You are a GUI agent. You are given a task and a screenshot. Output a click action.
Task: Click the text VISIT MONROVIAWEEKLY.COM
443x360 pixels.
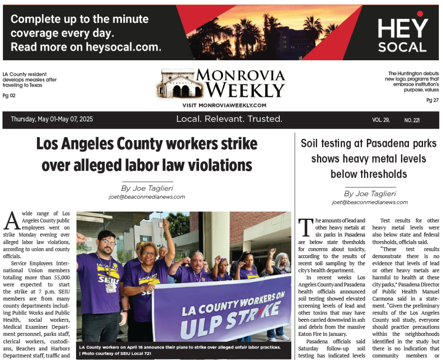tap(224, 105)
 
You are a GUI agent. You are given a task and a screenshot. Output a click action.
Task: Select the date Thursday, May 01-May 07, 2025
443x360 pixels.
tap(52, 119)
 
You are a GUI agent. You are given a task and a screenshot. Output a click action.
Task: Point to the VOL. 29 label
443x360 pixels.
tap(381, 120)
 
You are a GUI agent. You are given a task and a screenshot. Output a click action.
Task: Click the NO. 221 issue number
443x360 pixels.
tap(412, 120)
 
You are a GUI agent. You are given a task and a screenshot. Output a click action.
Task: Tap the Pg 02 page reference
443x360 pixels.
tap(9, 96)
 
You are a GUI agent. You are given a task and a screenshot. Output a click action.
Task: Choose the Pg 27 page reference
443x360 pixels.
tap(432, 100)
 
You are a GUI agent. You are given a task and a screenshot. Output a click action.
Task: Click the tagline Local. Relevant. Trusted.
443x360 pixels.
tap(229, 119)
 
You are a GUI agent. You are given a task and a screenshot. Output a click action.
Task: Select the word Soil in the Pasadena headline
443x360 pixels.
tap(311, 143)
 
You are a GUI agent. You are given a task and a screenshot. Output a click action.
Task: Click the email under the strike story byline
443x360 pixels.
tap(147, 197)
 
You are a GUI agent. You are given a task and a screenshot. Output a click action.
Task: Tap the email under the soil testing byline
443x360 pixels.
tap(370, 202)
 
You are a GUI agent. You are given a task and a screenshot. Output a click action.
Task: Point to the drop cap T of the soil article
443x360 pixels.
tap(306, 228)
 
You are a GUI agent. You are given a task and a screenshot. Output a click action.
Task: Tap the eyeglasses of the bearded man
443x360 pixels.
tap(108, 242)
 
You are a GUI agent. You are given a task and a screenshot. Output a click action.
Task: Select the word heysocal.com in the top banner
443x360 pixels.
tap(121, 47)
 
